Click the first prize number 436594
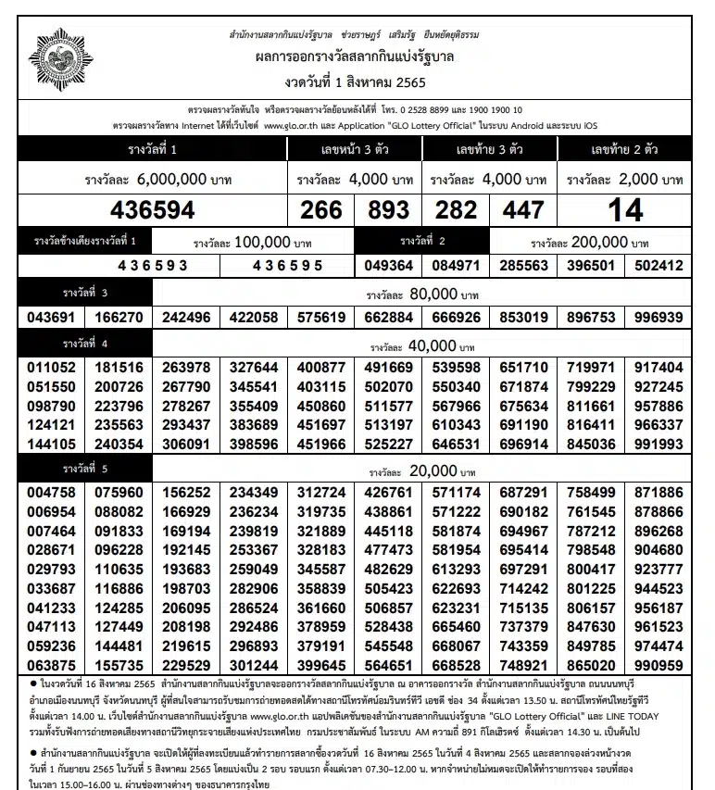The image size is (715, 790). (x=153, y=210)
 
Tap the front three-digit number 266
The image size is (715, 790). (x=321, y=210)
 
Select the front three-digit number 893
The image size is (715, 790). (x=388, y=210)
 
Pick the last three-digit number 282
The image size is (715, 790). (x=456, y=210)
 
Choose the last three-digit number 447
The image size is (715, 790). (x=523, y=210)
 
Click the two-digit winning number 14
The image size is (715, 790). (x=625, y=210)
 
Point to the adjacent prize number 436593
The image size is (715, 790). (x=152, y=266)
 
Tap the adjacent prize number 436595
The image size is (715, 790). (x=287, y=266)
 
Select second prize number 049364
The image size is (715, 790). (x=388, y=266)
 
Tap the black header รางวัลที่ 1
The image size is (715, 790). (x=153, y=148)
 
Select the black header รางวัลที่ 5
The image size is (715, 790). (x=85, y=469)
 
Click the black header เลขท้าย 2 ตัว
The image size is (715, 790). (x=625, y=148)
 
